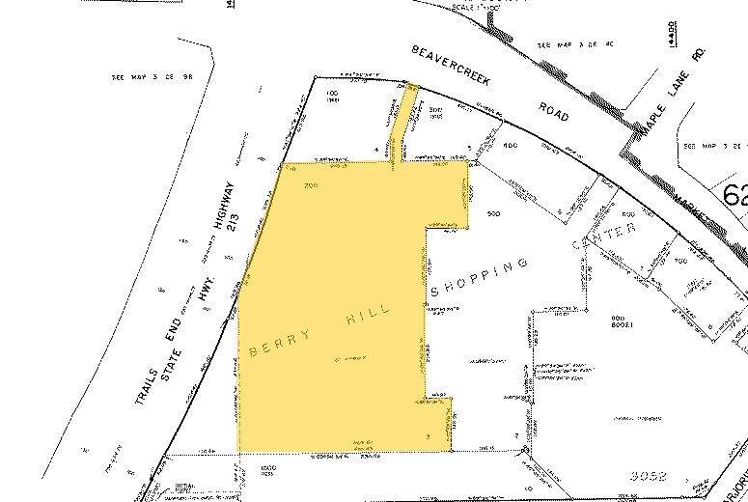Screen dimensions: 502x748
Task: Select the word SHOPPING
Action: tap(480, 276)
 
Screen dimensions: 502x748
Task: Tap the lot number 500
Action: tap(494, 211)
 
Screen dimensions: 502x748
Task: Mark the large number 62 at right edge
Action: tap(733, 196)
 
